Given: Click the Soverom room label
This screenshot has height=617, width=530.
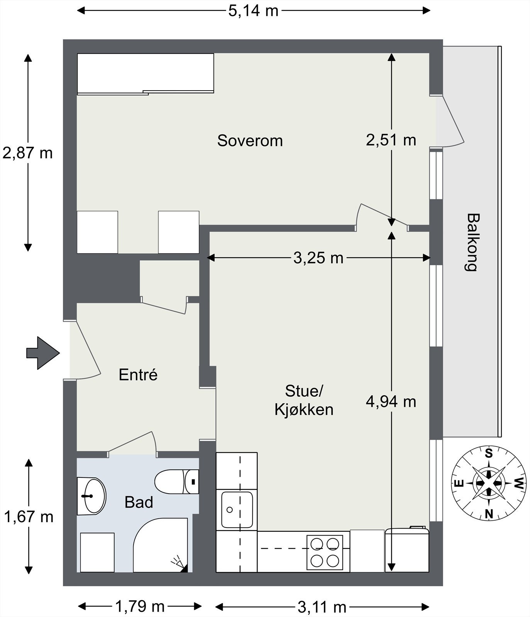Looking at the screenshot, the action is [x=250, y=141].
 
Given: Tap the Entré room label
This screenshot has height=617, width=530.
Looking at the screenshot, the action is [x=138, y=375].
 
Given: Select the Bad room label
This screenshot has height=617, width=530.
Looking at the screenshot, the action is [x=139, y=502].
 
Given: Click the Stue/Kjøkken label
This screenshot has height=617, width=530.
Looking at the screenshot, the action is [x=304, y=400].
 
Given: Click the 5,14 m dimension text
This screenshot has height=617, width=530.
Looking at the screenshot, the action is [x=253, y=10].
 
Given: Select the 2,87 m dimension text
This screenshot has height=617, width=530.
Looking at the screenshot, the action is [x=27, y=153].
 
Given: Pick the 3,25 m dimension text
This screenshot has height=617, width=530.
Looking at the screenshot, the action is [x=318, y=258].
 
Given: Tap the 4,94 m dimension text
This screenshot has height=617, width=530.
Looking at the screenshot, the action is [x=391, y=402].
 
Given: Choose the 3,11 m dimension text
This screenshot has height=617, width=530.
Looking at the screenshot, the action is [x=322, y=607].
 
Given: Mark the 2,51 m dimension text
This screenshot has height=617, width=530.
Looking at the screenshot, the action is [x=391, y=140].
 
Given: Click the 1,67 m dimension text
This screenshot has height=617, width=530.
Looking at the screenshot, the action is [x=29, y=517].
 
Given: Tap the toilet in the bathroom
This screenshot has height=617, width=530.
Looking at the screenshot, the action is [x=177, y=482].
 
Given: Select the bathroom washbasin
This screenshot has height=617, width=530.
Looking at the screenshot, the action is [x=91, y=496].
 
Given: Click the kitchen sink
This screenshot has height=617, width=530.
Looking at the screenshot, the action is [x=237, y=510].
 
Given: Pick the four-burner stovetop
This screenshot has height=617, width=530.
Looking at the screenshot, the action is [x=325, y=553].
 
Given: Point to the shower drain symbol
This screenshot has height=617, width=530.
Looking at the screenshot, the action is [x=180, y=564].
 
